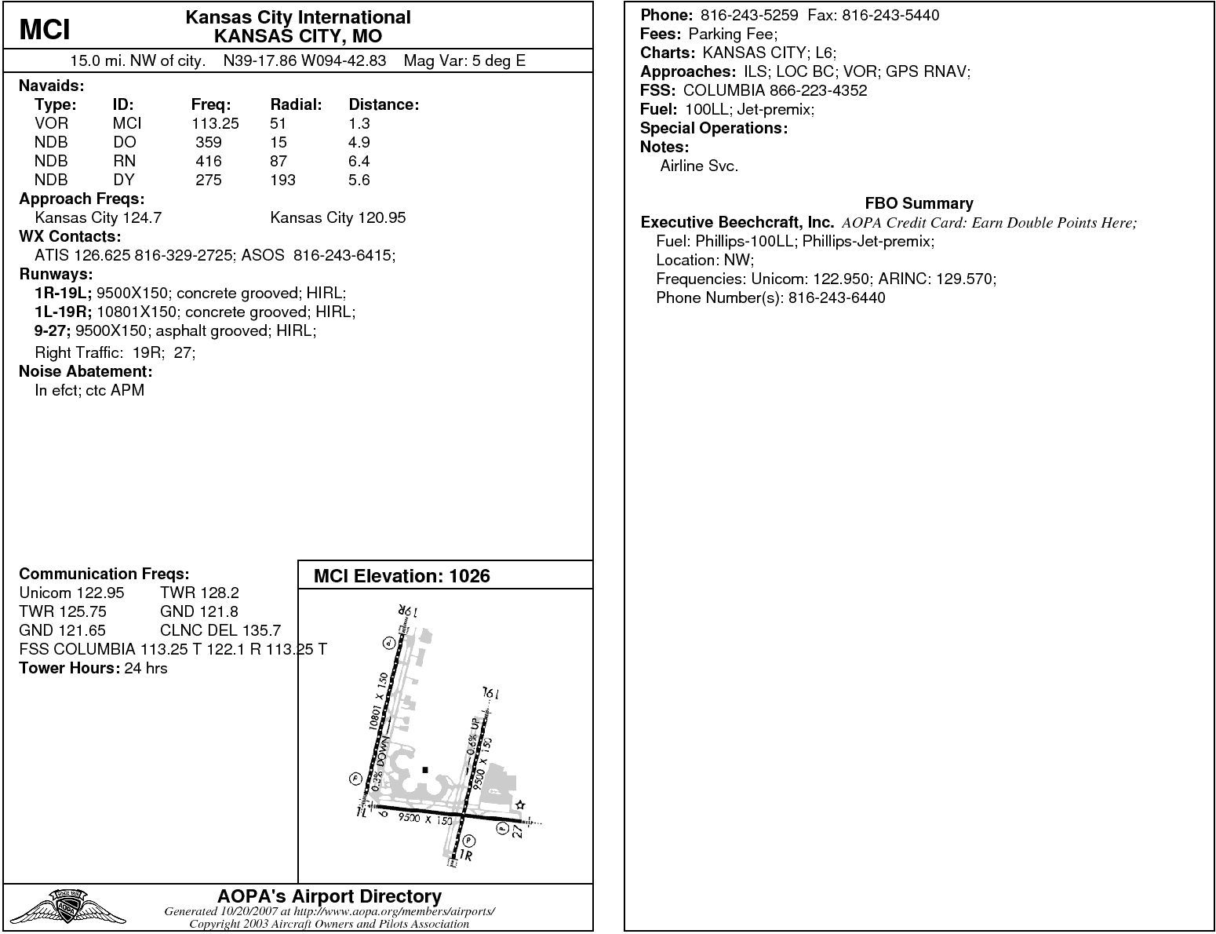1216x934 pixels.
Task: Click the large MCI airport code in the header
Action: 45,29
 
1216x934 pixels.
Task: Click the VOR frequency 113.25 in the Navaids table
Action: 215,123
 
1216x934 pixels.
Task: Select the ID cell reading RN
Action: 124,161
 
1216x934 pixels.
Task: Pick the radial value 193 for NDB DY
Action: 282,180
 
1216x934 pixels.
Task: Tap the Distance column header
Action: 384,104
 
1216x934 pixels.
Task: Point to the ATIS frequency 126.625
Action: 103,255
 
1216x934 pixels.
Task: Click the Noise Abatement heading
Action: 86,371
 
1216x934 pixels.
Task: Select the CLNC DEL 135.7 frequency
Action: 220,630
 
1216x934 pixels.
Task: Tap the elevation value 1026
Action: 469,576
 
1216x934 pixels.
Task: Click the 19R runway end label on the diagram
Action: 404,611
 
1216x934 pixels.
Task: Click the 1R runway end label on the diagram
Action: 466,856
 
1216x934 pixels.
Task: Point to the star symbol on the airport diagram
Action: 520,805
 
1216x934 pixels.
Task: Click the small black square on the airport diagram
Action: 425,770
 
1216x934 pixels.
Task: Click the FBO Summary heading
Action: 919,203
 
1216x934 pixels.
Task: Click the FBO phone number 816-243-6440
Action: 836,297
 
